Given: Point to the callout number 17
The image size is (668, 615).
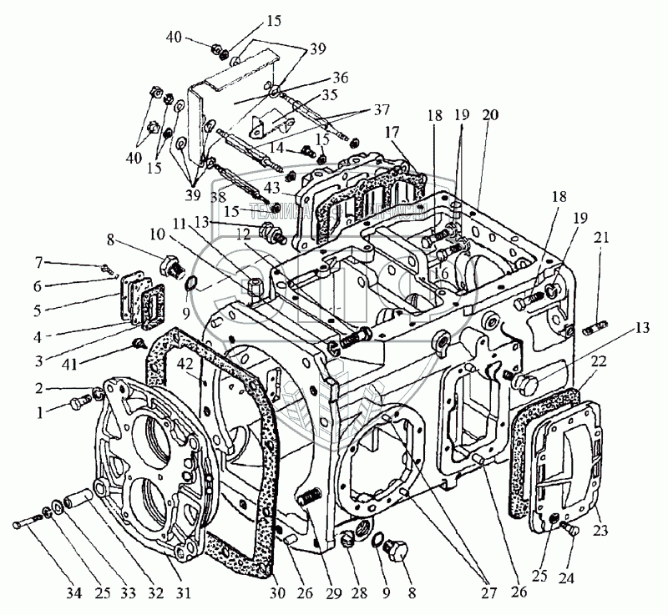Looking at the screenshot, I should point(392,131).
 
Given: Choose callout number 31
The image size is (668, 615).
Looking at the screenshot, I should point(183,593).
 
